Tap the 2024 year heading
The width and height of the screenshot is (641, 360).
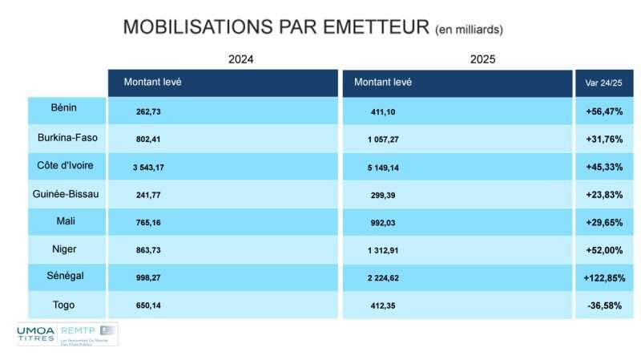[241, 59]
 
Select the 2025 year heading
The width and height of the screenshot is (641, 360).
[483, 59]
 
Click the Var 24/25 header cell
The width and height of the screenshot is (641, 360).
[603, 83]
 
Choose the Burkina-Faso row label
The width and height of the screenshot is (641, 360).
[68, 137]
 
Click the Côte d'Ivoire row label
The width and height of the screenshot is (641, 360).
[68, 165]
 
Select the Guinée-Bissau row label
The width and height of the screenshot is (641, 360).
[68, 193]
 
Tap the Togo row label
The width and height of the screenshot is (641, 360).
[68, 305]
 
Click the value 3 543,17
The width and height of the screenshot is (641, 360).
[148, 167]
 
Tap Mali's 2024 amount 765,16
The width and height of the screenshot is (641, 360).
[148, 222]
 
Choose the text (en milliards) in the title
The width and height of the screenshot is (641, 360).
[470, 30]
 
